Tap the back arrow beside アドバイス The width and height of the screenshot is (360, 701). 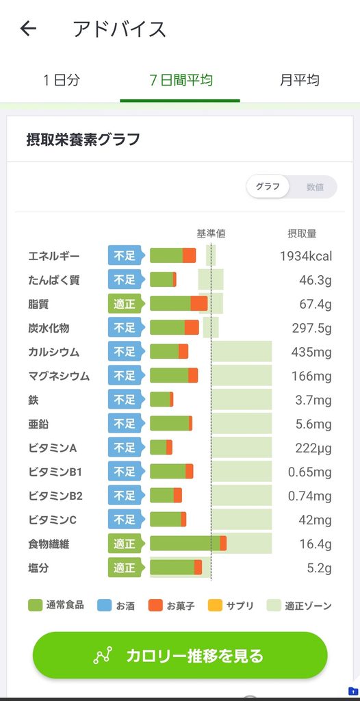[x=28, y=29]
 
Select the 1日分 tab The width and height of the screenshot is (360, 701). [x=62, y=81]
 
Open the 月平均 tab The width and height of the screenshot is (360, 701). [x=300, y=81]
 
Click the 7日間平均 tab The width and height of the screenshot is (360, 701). [x=181, y=81]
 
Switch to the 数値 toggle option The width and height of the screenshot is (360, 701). [x=315, y=187]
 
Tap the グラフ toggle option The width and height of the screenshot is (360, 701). [x=268, y=186]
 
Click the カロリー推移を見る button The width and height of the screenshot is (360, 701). [x=180, y=655]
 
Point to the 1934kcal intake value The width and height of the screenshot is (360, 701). [x=306, y=256]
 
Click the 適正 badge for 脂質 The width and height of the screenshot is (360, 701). [x=126, y=304]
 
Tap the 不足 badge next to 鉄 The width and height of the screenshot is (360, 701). [x=126, y=400]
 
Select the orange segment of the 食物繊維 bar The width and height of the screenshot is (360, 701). [x=223, y=544]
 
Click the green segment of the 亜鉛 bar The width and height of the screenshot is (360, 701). [x=170, y=423]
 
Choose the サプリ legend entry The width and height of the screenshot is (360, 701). [x=231, y=606]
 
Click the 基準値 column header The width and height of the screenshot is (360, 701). [x=211, y=233]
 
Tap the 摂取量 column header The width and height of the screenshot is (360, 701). [x=302, y=233]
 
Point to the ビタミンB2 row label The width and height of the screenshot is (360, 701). [x=55, y=496]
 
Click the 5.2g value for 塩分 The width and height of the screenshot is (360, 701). [x=320, y=568]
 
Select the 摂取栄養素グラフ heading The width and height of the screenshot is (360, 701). [x=83, y=140]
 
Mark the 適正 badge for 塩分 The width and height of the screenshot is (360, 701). [x=126, y=568]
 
